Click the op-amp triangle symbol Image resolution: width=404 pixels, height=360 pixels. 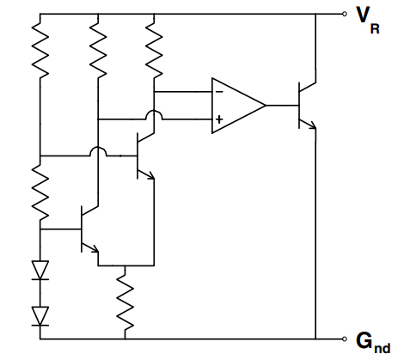click(236, 106)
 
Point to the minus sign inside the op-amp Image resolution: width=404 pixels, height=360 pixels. click(219, 89)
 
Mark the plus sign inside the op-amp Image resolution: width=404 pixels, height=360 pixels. click(219, 119)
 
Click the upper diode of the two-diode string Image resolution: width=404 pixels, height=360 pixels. click(40, 270)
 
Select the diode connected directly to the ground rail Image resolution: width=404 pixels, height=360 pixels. click(40, 315)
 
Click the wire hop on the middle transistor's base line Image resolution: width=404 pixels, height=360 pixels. click(97, 155)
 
